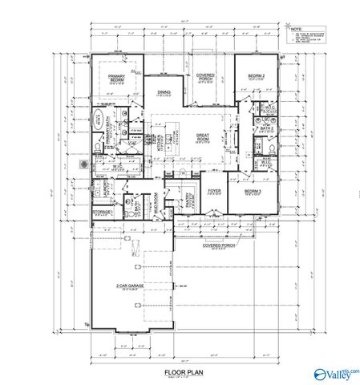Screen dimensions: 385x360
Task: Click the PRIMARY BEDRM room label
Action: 117,79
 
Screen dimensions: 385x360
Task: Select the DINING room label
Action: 164,92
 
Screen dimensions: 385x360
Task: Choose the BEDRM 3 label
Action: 253,192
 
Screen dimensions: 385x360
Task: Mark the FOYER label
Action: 214,191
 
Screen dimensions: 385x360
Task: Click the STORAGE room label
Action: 102,212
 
